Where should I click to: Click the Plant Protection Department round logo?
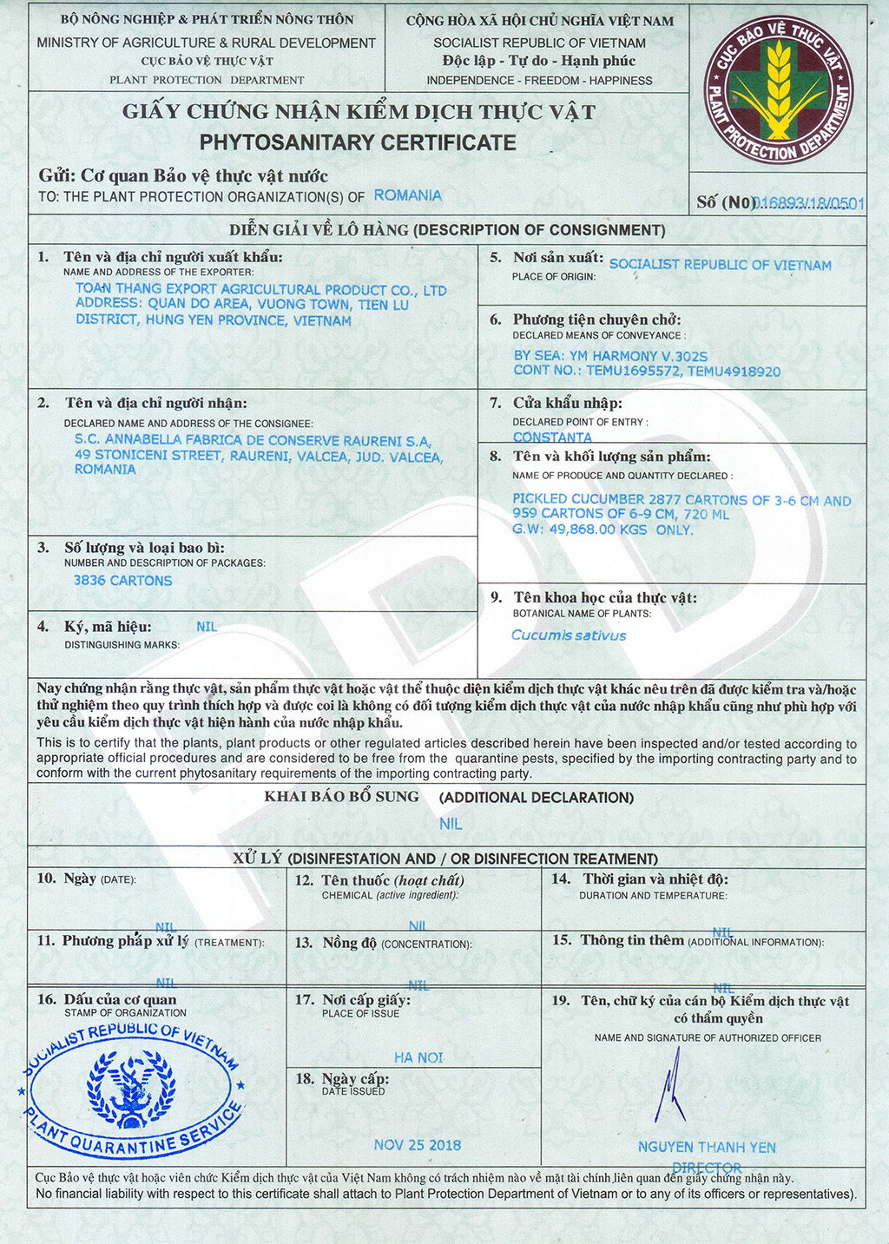pos(779,90)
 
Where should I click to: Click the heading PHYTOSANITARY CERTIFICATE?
pos(358,142)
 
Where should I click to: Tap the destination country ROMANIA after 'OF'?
pos(407,195)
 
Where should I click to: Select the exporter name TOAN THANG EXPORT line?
pos(260,289)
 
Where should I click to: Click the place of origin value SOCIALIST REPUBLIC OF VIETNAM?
pos(720,265)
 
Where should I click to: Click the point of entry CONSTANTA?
pos(552,438)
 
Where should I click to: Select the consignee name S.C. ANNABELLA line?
pos(253,440)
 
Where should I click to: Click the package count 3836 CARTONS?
pos(122,581)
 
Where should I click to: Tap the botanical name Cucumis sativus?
pos(569,635)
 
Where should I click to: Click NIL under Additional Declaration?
pos(451,824)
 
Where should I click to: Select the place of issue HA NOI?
pos(418,1057)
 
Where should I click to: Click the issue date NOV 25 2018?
pos(418,1145)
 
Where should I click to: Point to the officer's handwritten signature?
pos(670,1085)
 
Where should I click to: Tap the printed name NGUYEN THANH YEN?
pos(707,1147)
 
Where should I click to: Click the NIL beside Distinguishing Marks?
pos(207,627)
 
